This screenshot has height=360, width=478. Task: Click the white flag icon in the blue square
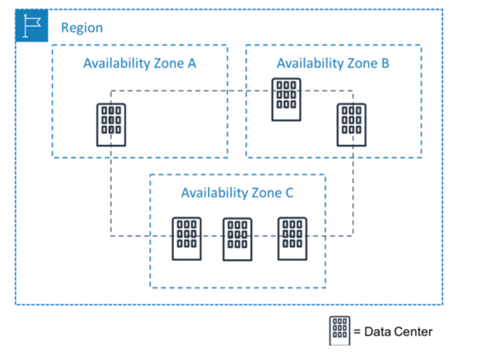32,26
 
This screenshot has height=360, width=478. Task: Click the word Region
82,28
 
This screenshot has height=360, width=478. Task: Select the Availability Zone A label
140,63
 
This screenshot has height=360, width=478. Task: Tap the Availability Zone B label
333,63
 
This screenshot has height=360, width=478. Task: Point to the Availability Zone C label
237,193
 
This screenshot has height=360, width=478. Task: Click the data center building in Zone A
111,124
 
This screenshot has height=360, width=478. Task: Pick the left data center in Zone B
285,100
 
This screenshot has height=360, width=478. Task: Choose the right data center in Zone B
351,124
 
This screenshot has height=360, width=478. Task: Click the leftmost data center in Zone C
187,238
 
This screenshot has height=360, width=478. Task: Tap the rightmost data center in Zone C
292,238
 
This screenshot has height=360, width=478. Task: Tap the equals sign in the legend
357,332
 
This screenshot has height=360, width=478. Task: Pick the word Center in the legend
413,332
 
